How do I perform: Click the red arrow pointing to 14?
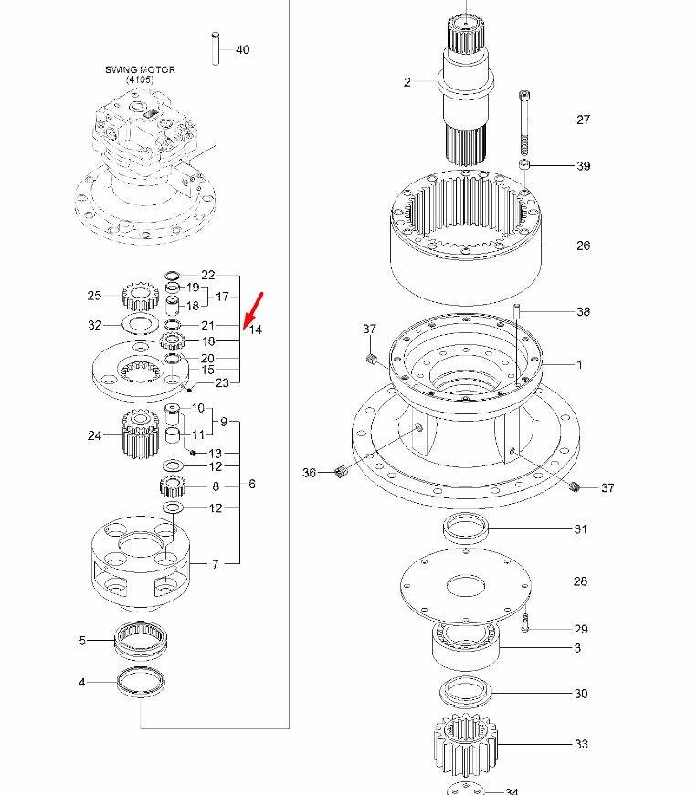[253, 311]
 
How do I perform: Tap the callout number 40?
[242, 49]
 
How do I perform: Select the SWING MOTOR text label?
[140, 69]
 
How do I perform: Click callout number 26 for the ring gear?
[584, 246]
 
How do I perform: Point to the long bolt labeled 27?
[524, 122]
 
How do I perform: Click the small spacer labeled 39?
[524, 164]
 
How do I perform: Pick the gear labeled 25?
[141, 297]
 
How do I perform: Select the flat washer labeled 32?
[141, 325]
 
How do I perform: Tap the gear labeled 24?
[141, 434]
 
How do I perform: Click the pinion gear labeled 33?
[466, 744]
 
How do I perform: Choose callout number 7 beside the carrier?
[215, 564]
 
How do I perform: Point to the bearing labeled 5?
[141, 640]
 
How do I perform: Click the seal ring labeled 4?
[141, 683]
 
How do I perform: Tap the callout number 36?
[309, 473]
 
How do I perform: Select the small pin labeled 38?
[517, 311]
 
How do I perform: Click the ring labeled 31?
[466, 528]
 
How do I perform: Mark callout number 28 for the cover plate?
[580, 581]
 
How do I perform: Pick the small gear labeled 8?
[173, 487]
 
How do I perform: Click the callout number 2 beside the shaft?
[407, 82]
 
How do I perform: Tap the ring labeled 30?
[466, 692]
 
